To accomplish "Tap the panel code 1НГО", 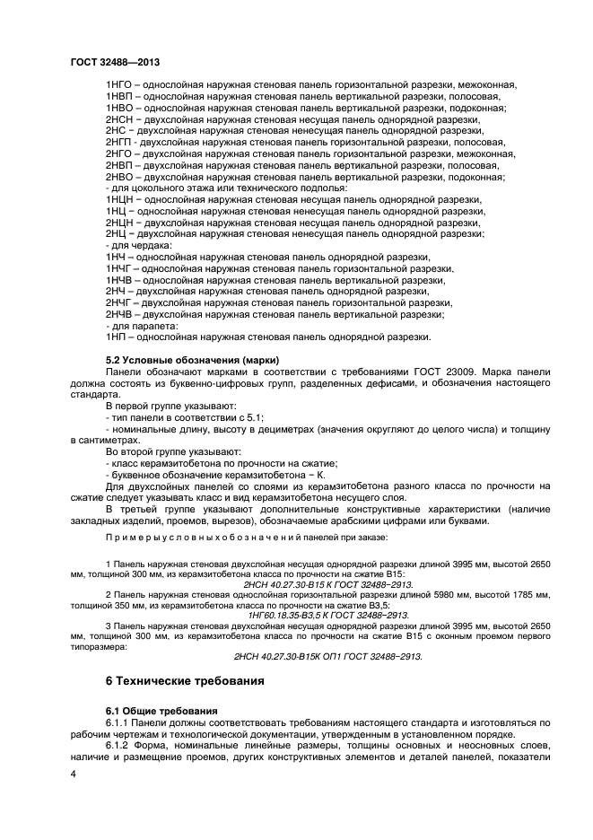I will coord(118,84).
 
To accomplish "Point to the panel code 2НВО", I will coord(119,177).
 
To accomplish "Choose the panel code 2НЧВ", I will coord(120,315).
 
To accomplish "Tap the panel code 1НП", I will coord(117,337).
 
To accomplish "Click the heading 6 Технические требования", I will coord(184,682).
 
